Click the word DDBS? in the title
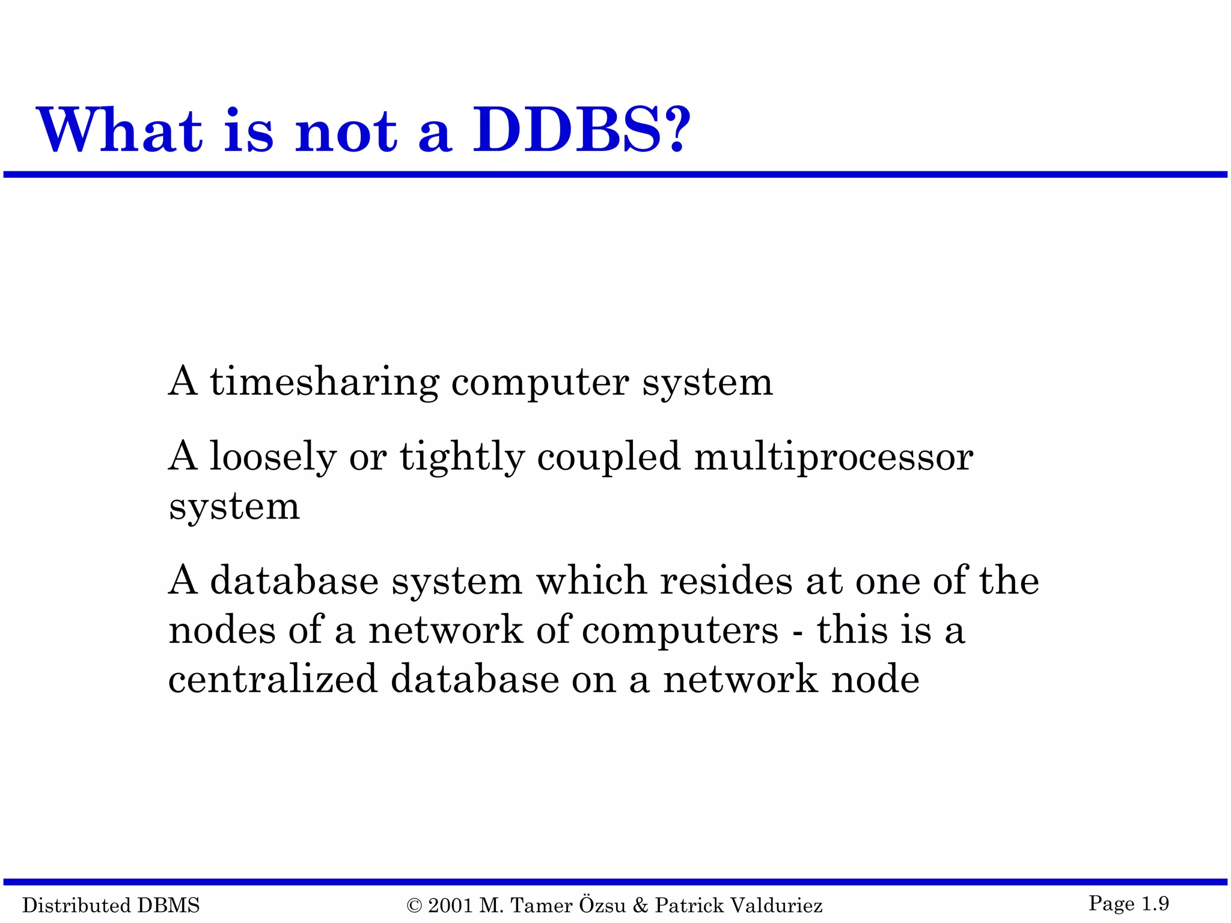point(582,130)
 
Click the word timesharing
point(324,383)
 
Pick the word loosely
point(273,458)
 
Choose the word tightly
point(462,458)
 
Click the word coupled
point(608,458)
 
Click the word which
point(591,581)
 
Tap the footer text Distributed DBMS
point(111,905)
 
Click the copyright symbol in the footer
point(414,906)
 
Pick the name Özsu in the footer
point(602,904)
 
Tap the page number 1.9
point(1155,903)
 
